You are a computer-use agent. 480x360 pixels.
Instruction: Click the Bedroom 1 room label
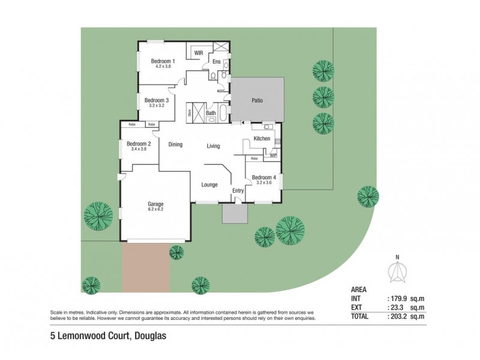[x=163, y=61]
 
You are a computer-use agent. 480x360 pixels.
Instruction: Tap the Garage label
[x=156, y=203]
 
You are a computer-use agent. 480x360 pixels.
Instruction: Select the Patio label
[x=257, y=101]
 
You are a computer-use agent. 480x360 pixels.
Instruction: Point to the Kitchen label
[x=262, y=139]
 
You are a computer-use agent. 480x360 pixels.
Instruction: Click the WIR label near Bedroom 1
[x=199, y=53]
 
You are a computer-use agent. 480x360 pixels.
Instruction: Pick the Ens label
[x=217, y=62]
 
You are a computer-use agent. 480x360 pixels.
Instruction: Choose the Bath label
[x=211, y=113]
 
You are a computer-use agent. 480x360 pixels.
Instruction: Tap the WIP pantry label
[x=273, y=155]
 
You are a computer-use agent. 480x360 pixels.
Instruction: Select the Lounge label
[x=209, y=184]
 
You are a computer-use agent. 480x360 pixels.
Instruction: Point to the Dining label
[x=175, y=145]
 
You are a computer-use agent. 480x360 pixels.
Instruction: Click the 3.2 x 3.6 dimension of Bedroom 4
[x=264, y=183]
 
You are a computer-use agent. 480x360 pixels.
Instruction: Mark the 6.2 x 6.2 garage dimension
[x=156, y=209]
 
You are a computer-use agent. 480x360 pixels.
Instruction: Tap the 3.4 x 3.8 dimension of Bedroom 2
[x=139, y=149]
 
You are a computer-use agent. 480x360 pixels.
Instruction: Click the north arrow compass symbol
[x=395, y=272]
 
